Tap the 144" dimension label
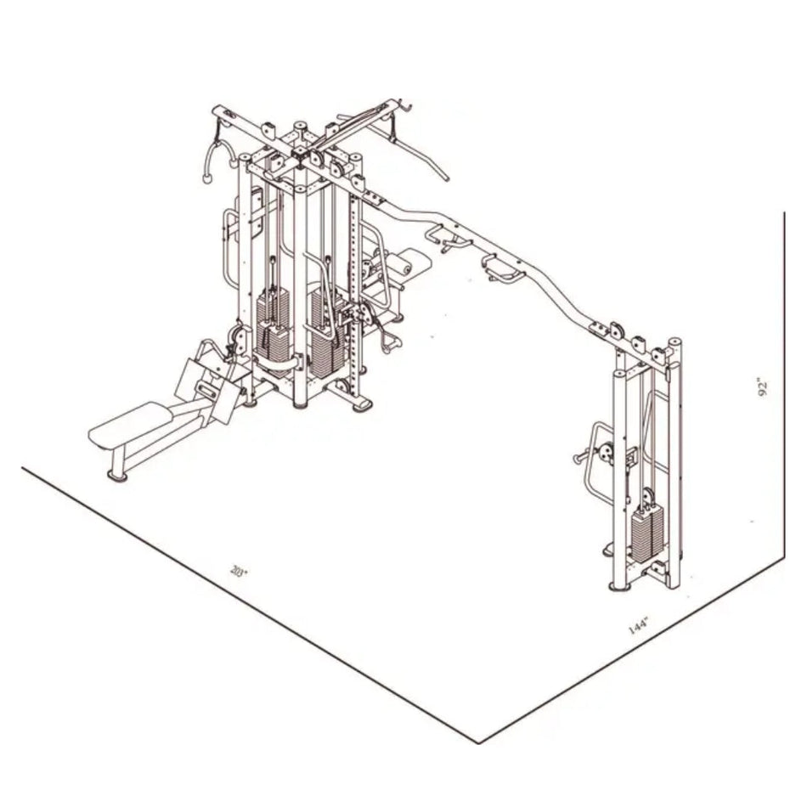point(639,627)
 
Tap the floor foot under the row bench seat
point(117,474)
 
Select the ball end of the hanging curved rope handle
point(205,179)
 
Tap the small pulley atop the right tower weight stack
point(649,498)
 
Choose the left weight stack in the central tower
point(272,327)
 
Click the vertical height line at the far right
point(783,382)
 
